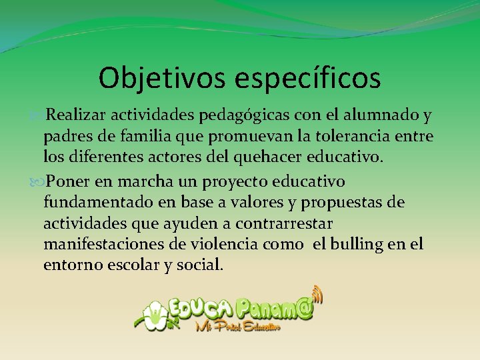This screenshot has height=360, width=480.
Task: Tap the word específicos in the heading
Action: (x=308, y=79)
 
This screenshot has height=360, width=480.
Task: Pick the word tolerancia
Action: (x=364, y=137)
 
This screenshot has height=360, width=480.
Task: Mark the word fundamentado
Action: (x=96, y=202)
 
